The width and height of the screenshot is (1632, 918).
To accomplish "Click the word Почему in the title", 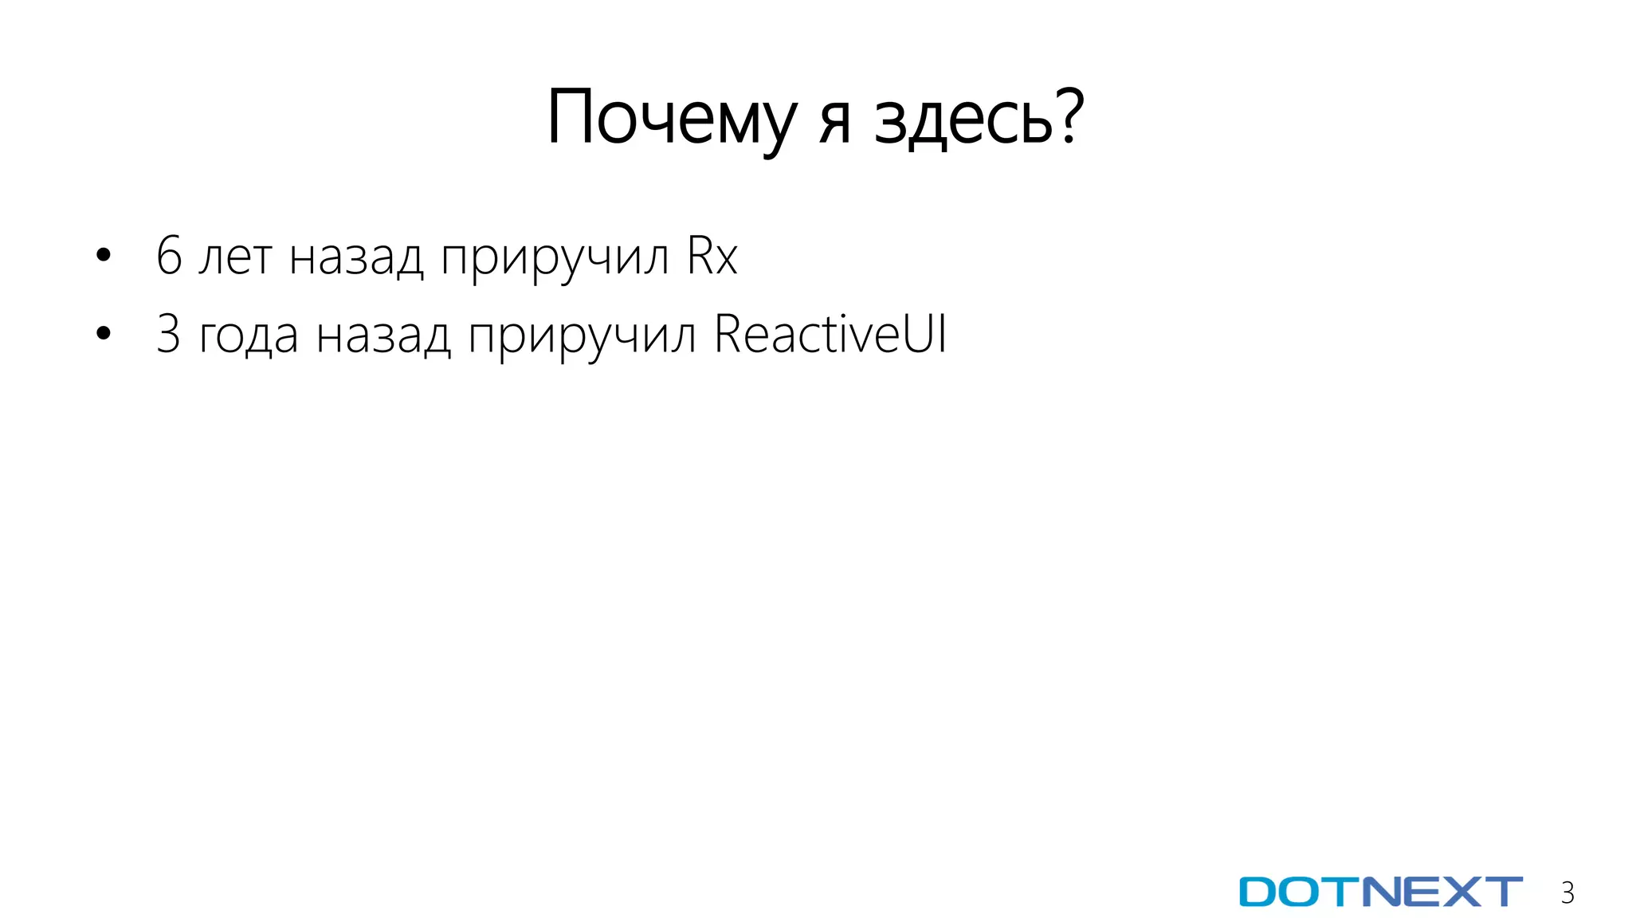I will (671, 120).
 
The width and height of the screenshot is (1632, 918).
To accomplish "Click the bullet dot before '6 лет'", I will (103, 256).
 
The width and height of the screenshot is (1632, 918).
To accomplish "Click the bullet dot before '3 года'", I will (103, 334).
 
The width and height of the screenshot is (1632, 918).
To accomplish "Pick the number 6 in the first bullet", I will (169, 256).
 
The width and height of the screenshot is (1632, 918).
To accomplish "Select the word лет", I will (235, 258).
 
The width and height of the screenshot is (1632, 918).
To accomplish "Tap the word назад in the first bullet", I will (355, 258).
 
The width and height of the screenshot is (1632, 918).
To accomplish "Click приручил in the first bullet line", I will (555, 260).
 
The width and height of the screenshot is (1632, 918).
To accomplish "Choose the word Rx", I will (712, 256).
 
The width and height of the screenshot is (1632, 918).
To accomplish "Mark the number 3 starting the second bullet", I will (168, 334).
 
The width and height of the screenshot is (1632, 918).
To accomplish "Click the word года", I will (249, 336).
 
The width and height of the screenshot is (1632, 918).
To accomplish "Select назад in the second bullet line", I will (383, 336).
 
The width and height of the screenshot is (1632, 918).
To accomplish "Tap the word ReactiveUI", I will (830, 334).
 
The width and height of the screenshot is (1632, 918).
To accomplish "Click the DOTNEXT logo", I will (1380, 892).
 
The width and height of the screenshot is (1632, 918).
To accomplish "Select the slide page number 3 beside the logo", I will (1567, 893).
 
